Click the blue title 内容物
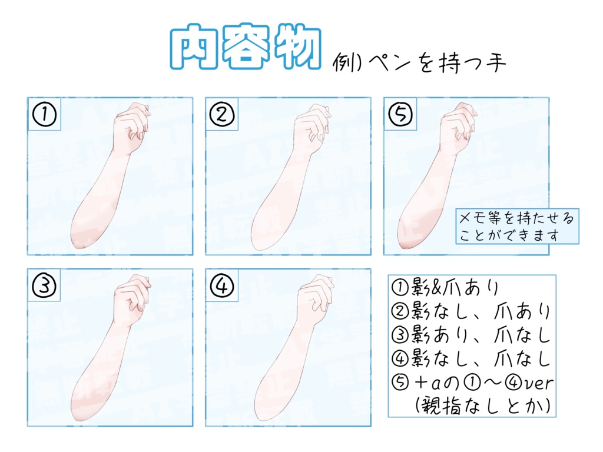(246, 47)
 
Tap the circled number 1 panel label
(44, 114)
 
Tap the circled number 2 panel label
(222, 114)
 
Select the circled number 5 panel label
(400, 114)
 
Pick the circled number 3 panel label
(44, 286)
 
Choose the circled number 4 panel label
(222, 286)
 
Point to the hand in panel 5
(459, 127)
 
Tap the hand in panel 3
(131, 297)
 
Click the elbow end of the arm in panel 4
(263, 412)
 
